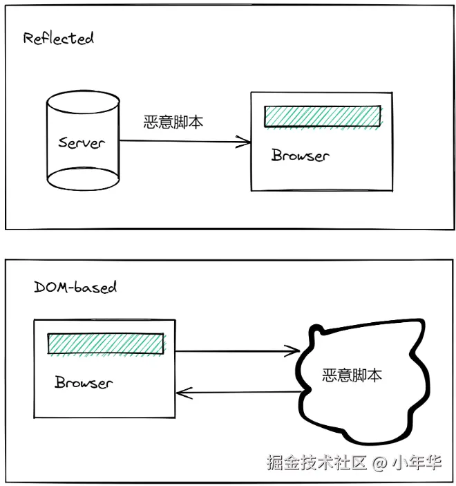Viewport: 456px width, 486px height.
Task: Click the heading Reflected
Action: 57,38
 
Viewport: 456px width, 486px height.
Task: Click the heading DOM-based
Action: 75,286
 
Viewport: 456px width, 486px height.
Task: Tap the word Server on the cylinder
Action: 81,143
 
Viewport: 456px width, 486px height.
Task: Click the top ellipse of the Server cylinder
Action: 82,99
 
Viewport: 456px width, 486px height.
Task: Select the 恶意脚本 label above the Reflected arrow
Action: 173,122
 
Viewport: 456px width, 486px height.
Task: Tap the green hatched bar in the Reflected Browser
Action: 322,116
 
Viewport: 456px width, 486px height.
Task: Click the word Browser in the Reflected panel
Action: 300,156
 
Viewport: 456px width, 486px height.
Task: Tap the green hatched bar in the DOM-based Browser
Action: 105,344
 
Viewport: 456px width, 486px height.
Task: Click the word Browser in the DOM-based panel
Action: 84,382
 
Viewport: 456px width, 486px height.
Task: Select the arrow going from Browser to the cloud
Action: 235,351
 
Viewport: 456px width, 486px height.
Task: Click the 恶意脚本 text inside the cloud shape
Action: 352,375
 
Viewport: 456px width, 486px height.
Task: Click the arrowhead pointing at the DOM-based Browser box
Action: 182,394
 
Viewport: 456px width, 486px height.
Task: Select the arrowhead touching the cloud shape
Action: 294,351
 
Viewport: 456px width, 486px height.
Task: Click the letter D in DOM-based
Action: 39,286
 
